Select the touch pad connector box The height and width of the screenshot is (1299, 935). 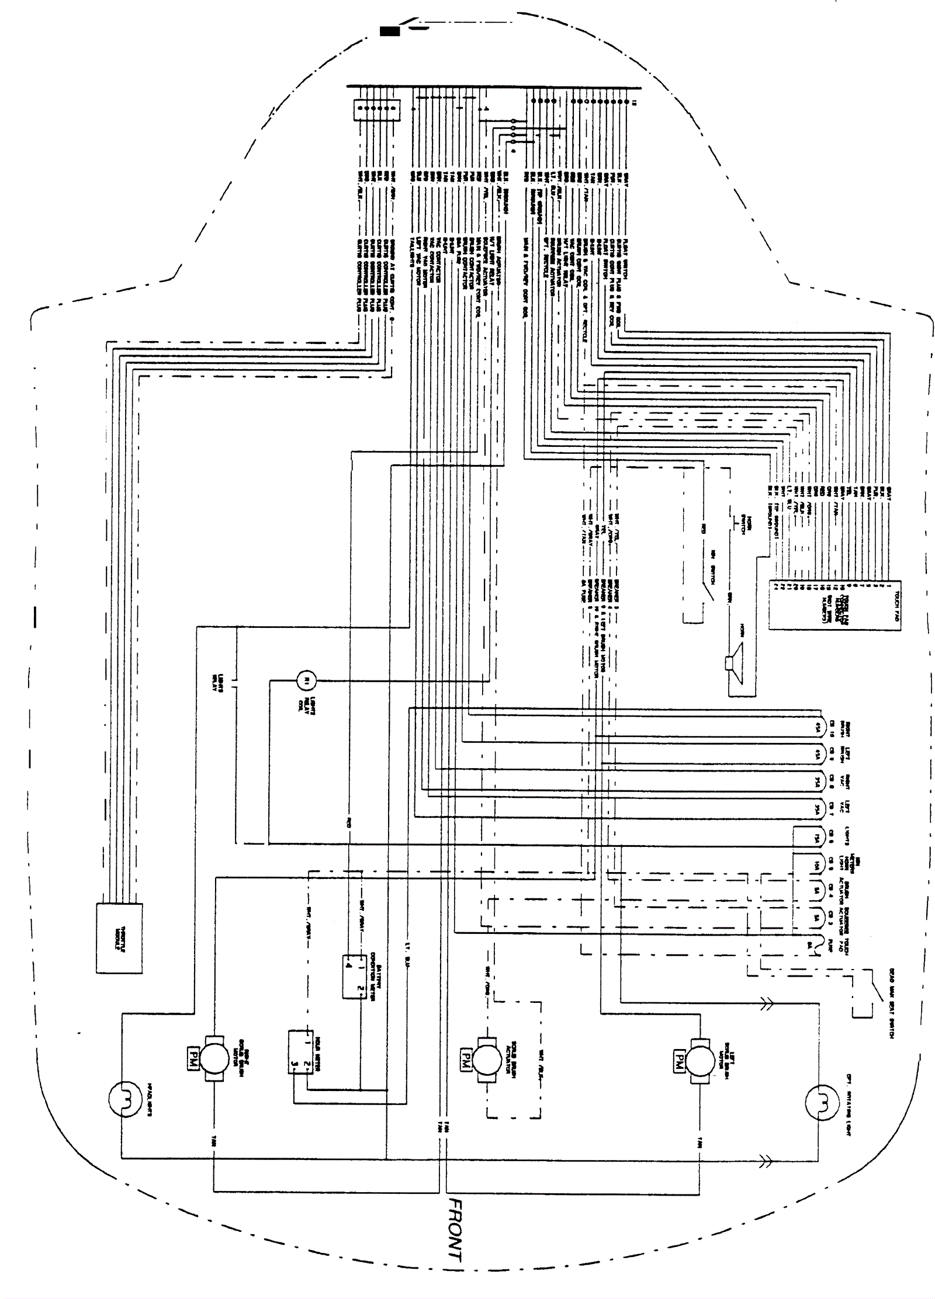pos(834,604)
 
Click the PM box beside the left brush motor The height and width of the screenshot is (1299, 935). pos(678,1059)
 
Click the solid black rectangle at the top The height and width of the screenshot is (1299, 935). pos(389,32)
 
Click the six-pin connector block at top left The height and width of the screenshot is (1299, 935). pos(376,109)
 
